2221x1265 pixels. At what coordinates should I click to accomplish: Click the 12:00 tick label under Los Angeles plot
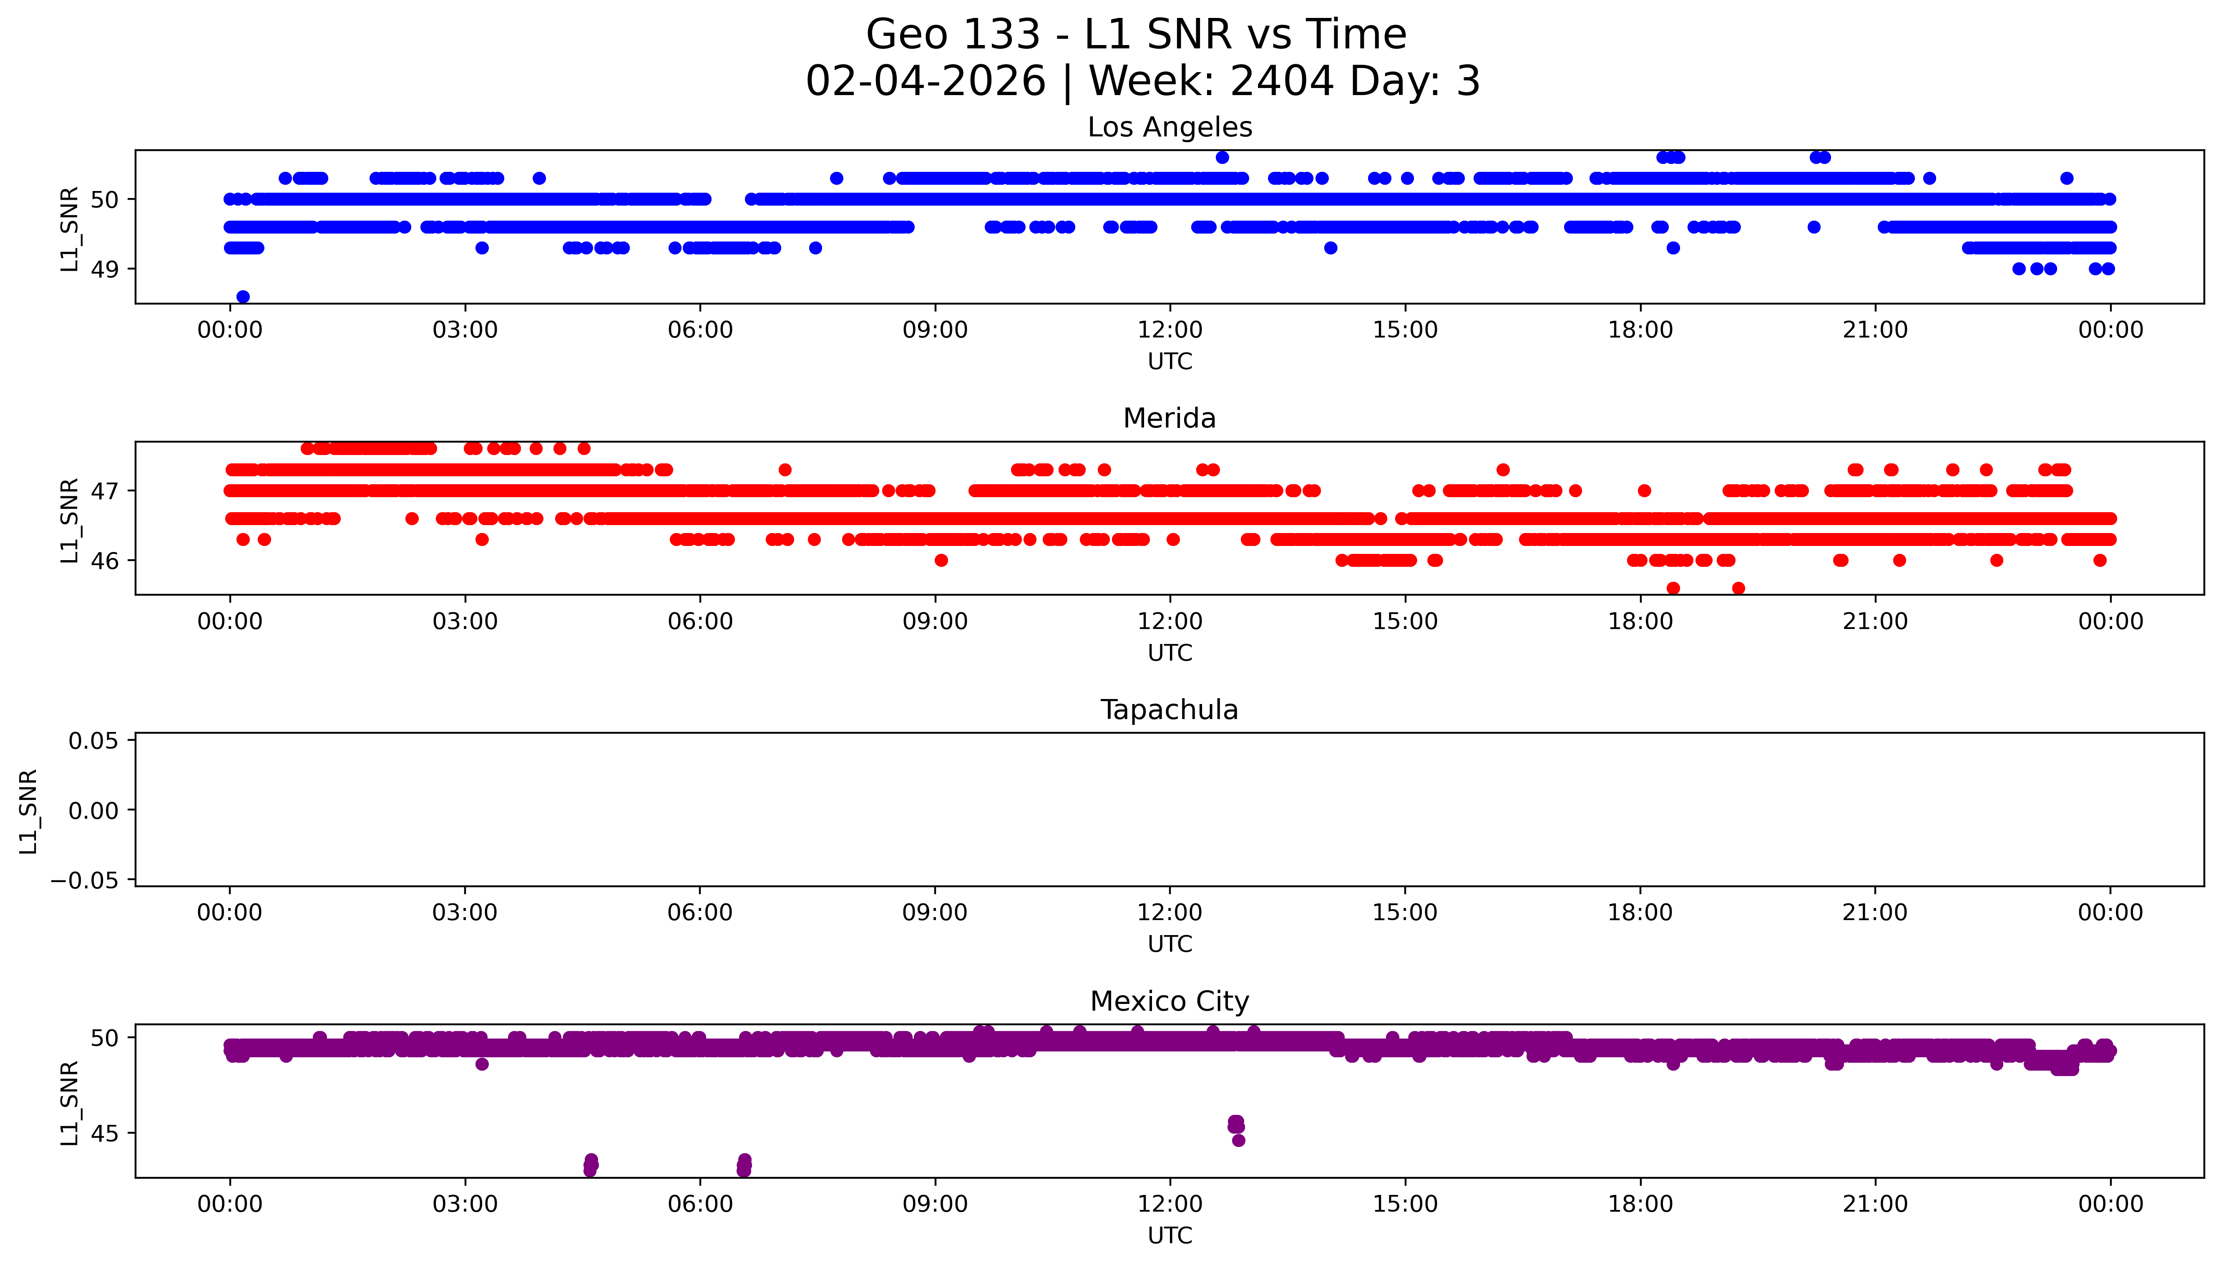pyautogui.click(x=1170, y=330)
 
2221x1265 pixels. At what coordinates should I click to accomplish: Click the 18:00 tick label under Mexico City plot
pyautogui.click(x=1640, y=1204)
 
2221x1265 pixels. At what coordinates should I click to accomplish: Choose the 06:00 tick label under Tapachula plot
pyautogui.click(x=700, y=913)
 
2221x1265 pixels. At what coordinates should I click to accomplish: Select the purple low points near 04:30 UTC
pyautogui.click(x=591, y=1165)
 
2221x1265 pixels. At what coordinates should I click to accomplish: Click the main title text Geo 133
pyautogui.click(x=953, y=35)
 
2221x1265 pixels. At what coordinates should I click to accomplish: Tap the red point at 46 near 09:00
pyautogui.click(x=941, y=561)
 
